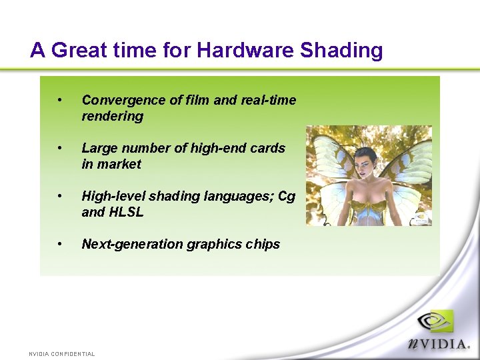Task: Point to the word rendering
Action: [112, 116]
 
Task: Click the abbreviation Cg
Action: [287, 196]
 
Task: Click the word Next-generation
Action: [132, 244]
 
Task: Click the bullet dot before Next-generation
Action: [60, 244]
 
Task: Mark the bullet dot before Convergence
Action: [60, 100]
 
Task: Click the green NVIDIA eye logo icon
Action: [435, 322]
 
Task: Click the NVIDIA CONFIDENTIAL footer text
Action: [61, 353]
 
